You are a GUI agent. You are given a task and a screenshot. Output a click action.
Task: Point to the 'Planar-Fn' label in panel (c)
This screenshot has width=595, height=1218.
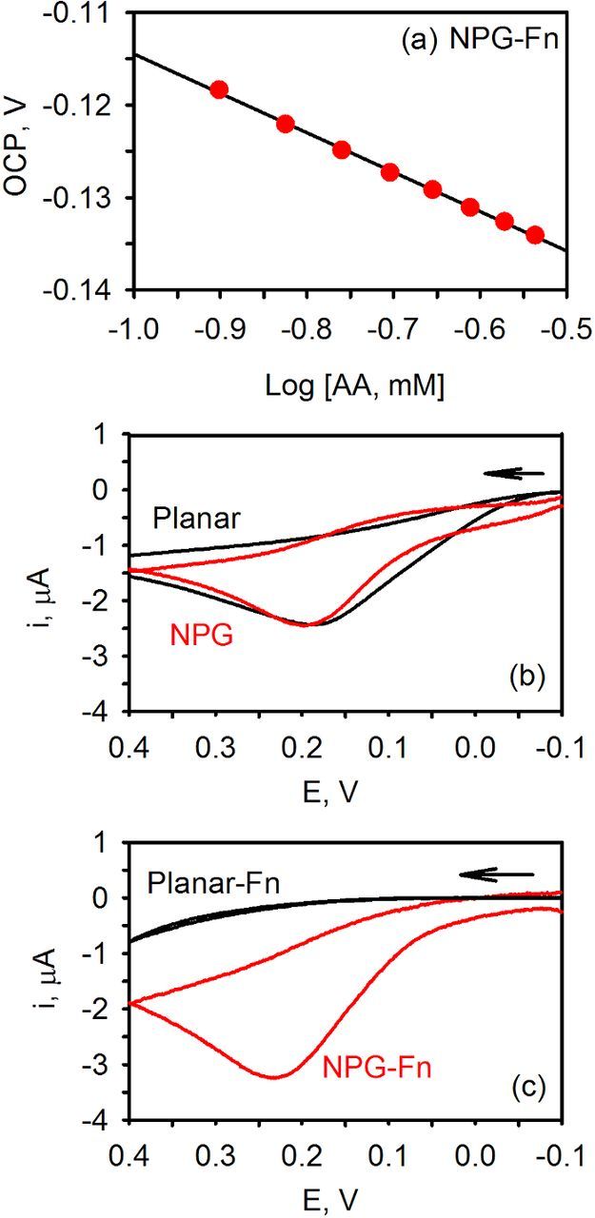click(x=212, y=884)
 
